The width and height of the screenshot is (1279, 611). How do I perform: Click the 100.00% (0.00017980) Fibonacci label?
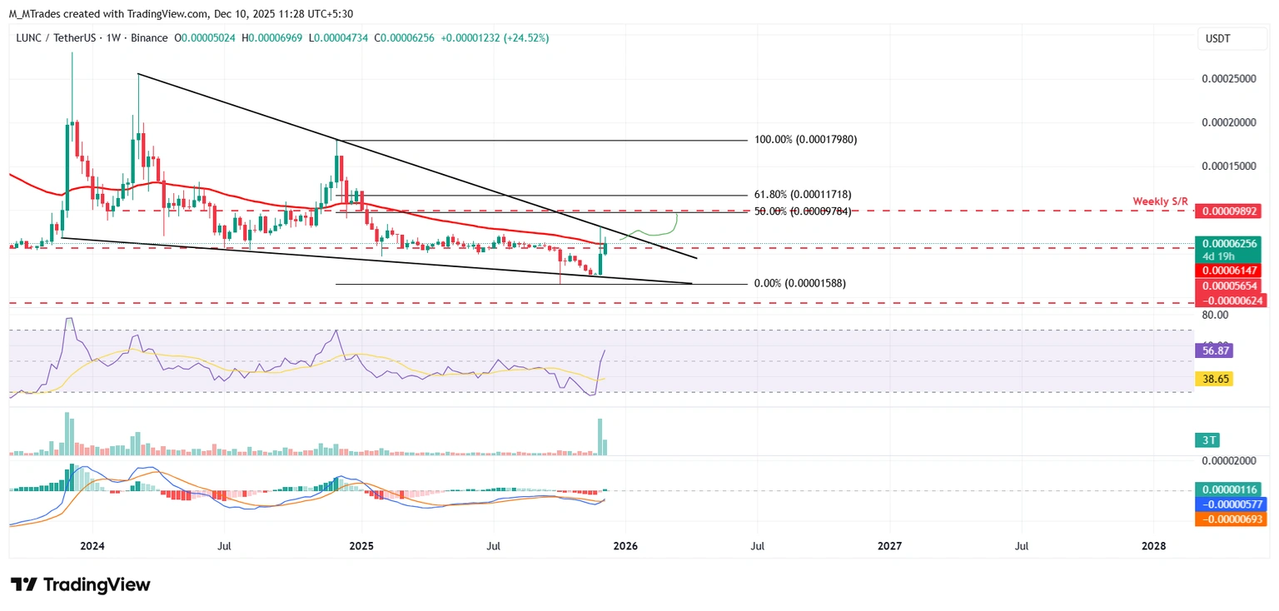coord(805,140)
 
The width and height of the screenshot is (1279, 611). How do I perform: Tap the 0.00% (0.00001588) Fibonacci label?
coord(799,284)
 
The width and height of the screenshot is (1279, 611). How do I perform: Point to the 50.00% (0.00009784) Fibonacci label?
coord(803,211)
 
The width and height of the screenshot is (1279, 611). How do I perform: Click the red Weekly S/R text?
coord(1160,201)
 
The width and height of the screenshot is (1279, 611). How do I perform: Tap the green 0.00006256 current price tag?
coord(1231,244)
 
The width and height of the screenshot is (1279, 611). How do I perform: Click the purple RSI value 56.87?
coord(1213,351)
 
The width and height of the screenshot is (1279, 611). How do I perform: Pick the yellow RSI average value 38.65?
coord(1213,379)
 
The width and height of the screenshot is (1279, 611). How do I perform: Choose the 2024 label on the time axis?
coord(92,546)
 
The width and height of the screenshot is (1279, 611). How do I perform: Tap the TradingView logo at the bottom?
coord(81,584)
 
